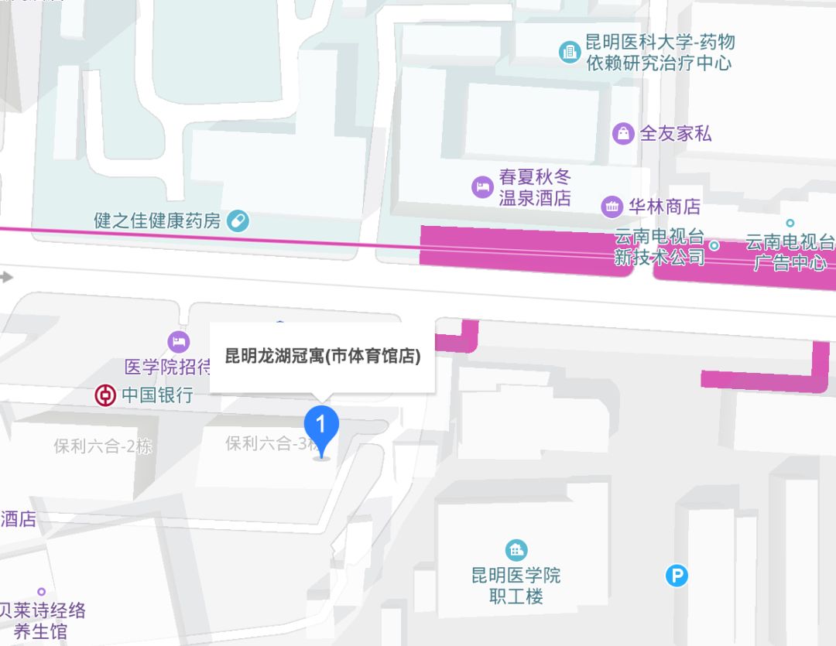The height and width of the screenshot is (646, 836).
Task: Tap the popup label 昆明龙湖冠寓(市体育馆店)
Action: click(x=322, y=357)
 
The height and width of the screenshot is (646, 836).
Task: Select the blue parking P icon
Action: click(x=677, y=575)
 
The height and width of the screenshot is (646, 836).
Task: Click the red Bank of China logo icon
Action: click(x=104, y=396)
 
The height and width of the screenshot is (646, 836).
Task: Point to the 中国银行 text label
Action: click(x=157, y=396)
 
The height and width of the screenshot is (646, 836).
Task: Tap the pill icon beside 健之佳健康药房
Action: click(x=238, y=221)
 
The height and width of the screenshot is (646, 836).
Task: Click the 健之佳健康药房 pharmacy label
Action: click(x=158, y=220)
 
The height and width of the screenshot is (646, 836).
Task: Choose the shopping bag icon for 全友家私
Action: click(x=622, y=134)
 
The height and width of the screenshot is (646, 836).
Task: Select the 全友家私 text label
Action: click(x=675, y=134)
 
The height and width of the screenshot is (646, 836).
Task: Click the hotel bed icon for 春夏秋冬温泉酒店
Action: click(x=482, y=186)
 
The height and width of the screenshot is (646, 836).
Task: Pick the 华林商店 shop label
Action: click(x=664, y=207)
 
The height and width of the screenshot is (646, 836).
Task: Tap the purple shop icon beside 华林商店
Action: click(x=612, y=207)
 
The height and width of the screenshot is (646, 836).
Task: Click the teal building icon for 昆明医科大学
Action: click(x=570, y=52)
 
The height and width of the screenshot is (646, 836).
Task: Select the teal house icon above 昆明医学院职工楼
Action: click(x=516, y=550)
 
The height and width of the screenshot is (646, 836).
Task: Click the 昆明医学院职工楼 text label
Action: click(x=516, y=586)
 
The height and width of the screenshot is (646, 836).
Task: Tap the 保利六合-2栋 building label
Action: click(x=102, y=446)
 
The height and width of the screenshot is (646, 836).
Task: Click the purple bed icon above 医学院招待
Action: click(x=178, y=341)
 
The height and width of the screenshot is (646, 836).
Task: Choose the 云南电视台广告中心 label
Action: click(x=790, y=252)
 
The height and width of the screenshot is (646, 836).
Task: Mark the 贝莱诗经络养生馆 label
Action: click(x=42, y=620)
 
